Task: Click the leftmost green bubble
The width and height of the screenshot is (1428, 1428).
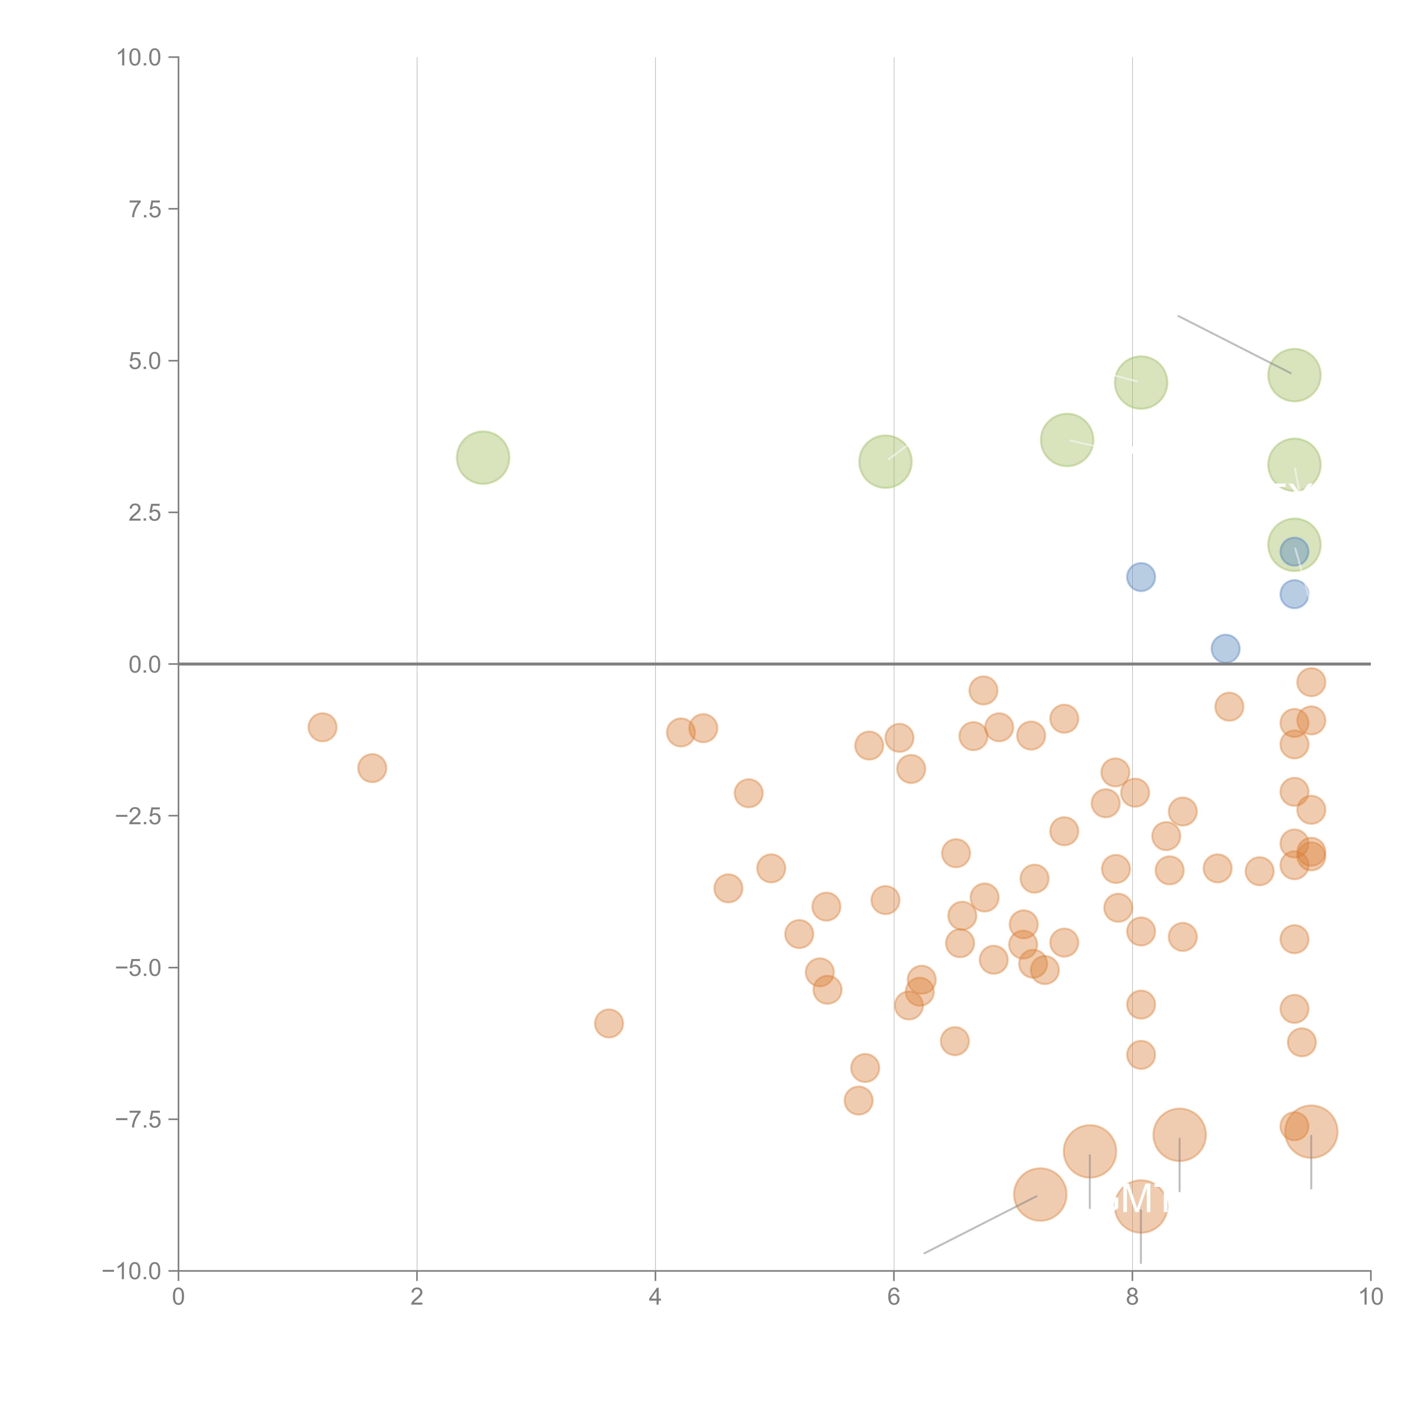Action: point(483,458)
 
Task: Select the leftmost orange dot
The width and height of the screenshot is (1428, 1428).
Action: point(322,727)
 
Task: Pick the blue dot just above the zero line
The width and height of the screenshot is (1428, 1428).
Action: point(1225,648)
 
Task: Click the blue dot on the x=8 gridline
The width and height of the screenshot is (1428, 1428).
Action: point(1140,577)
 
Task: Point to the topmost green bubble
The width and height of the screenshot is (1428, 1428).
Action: point(1293,375)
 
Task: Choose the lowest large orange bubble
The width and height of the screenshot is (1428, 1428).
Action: point(1140,1207)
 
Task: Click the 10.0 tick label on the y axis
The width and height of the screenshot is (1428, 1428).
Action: point(139,58)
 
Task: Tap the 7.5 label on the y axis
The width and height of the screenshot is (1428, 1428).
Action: point(145,209)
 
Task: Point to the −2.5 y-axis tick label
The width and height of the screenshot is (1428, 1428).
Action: point(139,816)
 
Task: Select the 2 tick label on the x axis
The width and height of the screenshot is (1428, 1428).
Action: point(417,1297)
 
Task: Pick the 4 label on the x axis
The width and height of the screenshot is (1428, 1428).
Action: point(655,1297)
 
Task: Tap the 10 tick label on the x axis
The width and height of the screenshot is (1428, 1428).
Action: point(1370,1297)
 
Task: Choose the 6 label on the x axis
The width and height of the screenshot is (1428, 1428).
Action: point(894,1297)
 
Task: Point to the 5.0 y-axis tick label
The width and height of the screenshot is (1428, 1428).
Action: point(145,361)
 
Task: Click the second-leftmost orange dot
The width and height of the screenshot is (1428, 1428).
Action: point(372,768)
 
